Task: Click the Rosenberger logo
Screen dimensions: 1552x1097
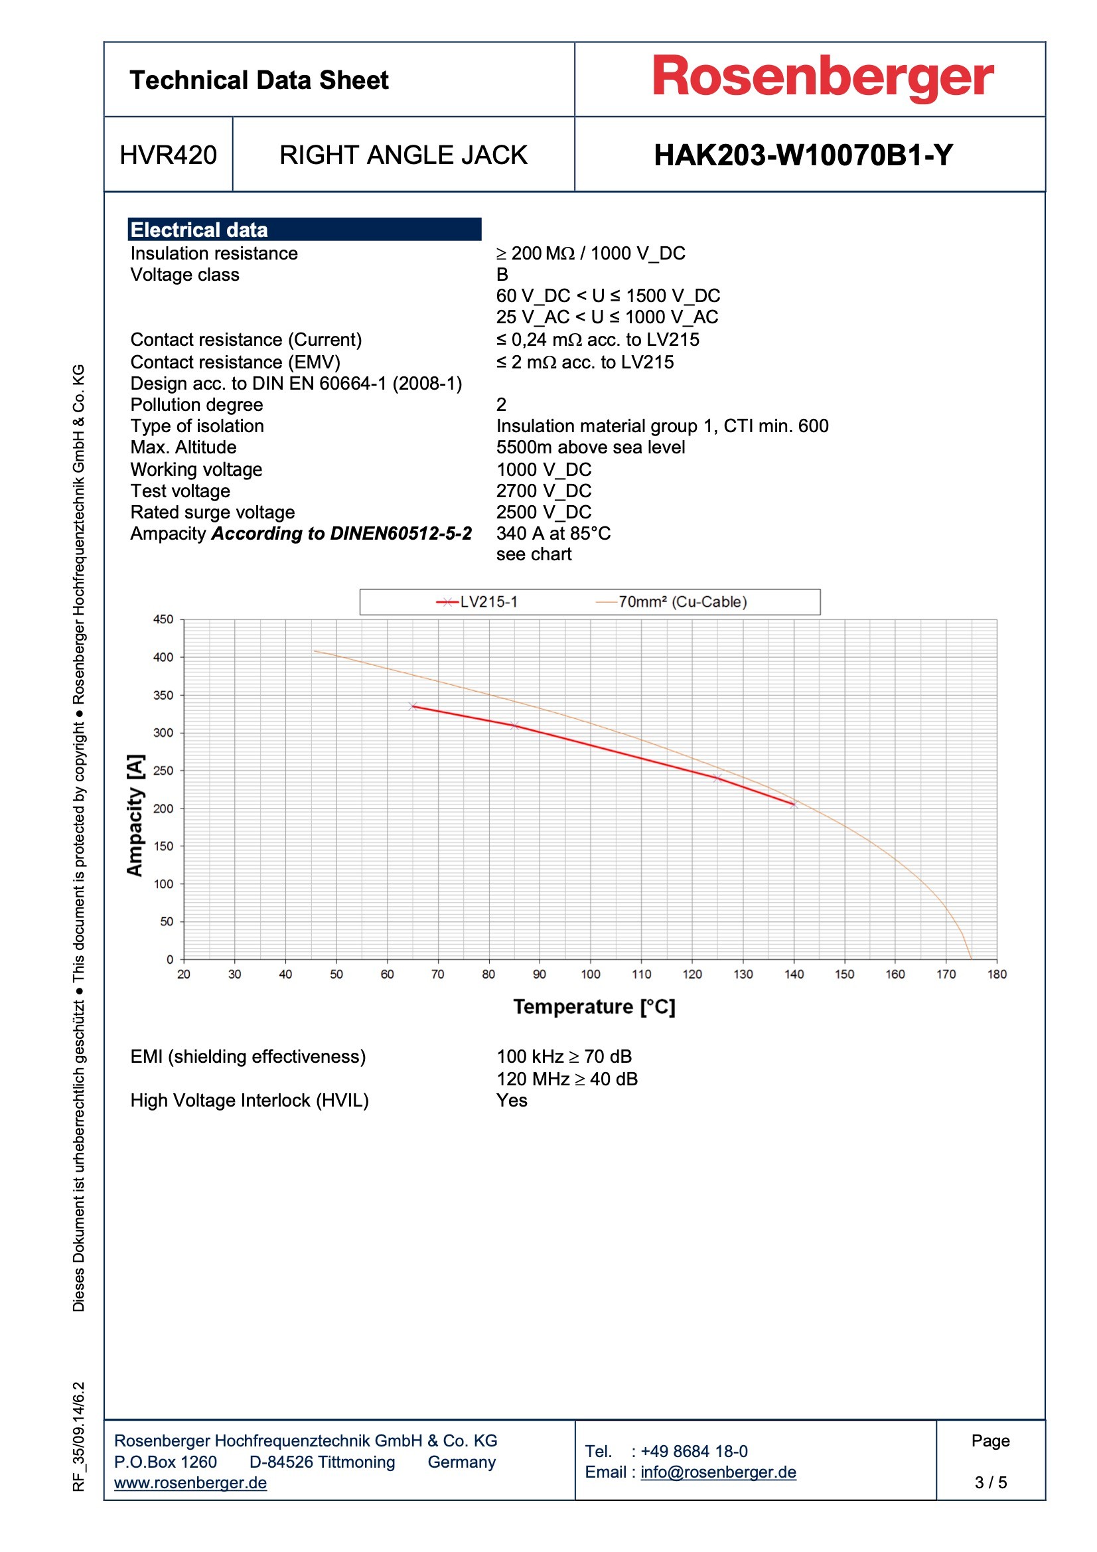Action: click(822, 78)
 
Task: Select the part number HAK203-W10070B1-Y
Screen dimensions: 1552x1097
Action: click(803, 155)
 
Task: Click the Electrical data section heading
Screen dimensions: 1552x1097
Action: click(199, 230)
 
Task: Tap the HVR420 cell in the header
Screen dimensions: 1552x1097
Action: click(169, 155)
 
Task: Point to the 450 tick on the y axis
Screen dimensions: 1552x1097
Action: click(163, 619)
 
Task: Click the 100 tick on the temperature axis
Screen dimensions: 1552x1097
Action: click(590, 974)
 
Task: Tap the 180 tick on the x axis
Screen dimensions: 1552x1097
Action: click(996, 974)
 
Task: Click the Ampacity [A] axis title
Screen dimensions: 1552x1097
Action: click(135, 815)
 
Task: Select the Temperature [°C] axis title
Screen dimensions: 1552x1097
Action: click(594, 1007)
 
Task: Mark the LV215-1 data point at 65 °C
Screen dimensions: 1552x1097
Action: click(413, 706)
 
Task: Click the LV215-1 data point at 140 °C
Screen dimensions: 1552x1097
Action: click(794, 805)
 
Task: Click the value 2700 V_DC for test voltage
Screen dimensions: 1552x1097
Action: click(544, 491)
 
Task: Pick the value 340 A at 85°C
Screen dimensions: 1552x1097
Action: click(553, 533)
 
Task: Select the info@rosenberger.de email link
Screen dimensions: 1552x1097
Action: click(718, 1472)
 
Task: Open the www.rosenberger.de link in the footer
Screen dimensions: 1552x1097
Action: click(190, 1483)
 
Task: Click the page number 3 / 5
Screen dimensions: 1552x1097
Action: click(990, 1482)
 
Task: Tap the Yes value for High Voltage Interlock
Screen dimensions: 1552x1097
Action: click(512, 1101)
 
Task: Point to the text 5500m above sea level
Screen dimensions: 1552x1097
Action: click(590, 447)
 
